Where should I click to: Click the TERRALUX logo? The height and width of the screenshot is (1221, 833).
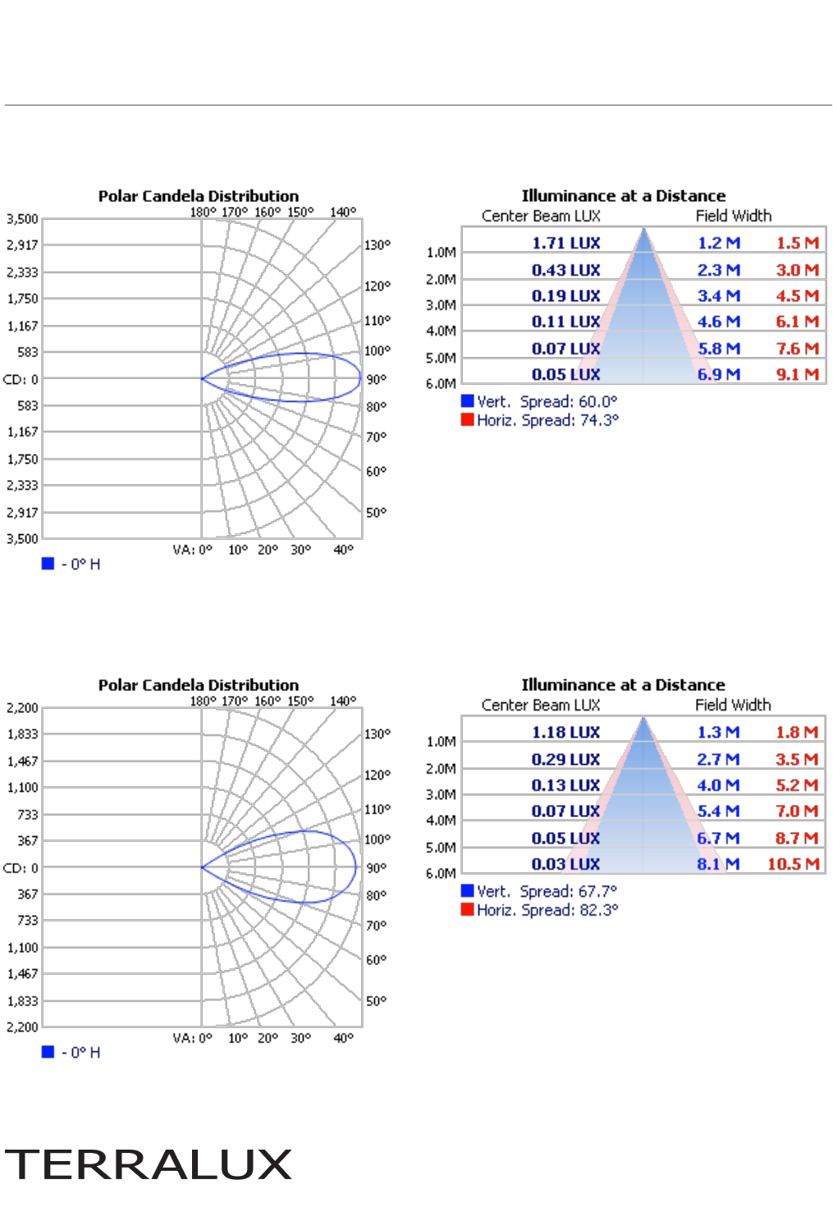pos(149,1164)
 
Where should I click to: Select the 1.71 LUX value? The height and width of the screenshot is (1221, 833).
pos(565,243)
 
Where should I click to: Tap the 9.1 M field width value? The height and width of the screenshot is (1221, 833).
pos(797,374)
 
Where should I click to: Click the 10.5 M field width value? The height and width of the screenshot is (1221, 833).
pos(793,863)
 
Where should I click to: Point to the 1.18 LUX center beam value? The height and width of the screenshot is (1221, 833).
pos(565,732)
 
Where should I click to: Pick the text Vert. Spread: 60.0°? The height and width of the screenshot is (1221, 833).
pos(547,401)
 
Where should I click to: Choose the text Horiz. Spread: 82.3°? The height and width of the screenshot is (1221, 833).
pos(547,909)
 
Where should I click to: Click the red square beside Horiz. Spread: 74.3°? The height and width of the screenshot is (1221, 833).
pos(467,419)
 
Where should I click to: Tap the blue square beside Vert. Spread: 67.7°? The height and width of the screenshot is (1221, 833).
pos(467,890)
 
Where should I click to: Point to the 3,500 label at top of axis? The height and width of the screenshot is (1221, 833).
pos(22,219)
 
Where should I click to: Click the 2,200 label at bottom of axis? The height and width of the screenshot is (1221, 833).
pos(22,1027)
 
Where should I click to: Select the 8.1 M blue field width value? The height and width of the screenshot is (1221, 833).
pos(718,863)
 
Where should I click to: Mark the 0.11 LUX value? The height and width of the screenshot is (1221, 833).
pos(565,322)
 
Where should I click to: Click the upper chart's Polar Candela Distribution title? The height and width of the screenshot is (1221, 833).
pos(199,196)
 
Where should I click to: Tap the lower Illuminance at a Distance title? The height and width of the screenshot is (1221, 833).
pos(623,684)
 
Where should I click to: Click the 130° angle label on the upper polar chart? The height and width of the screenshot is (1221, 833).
pos(378,245)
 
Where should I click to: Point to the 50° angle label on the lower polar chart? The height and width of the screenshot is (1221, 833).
pos(376,1000)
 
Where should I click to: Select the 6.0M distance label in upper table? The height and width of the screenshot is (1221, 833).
pos(441,383)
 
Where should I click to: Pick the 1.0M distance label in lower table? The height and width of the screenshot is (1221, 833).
pos(441,742)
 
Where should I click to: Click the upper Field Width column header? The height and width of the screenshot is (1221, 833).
pos(733,216)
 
